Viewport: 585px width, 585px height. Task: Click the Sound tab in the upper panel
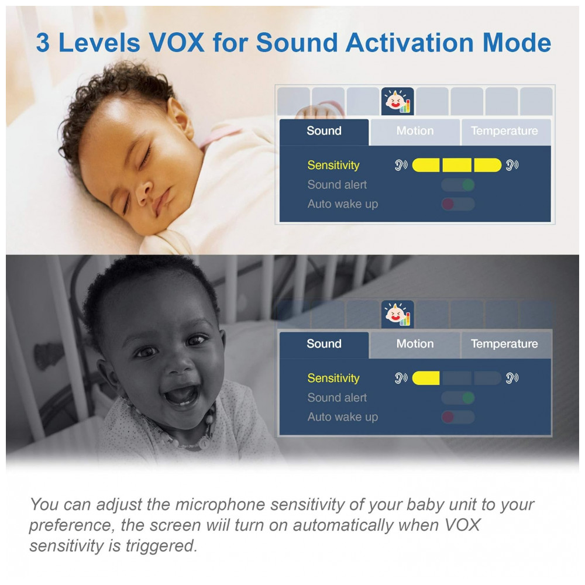click(x=324, y=132)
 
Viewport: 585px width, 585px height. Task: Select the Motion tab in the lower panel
click(x=415, y=344)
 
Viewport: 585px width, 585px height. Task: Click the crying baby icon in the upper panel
click(x=398, y=101)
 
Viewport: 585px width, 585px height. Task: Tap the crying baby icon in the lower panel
click(x=398, y=314)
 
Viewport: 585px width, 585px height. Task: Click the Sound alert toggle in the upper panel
click(x=458, y=185)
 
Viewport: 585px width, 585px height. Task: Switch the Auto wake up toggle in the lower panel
click(x=458, y=417)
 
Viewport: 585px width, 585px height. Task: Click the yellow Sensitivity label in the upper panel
click(x=333, y=166)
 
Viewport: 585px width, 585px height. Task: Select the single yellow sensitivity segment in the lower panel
click(x=426, y=378)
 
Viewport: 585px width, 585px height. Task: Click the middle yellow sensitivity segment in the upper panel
click(x=457, y=165)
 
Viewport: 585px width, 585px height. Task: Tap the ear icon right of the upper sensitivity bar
click(x=512, y=165)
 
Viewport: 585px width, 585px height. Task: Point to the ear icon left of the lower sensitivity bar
click(x=401, y=378)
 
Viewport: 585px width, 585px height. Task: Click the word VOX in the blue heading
click(x=177, y=43)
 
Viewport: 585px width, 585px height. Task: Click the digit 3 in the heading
click(x=43, y=43)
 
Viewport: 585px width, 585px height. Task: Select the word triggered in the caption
click(x=161, y=546)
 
